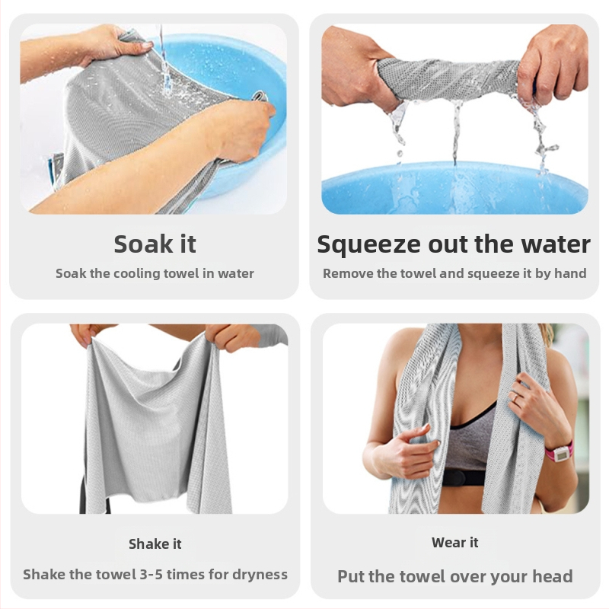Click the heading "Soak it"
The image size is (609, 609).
pyautogui.click(x=155, y=244)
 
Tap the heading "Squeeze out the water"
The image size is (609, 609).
pyautogui.click(x=454, y=245)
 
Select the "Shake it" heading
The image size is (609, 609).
pyautogui.click(x=155, y=544)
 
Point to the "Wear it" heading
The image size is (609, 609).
pyautogui.click(x=454, y=542)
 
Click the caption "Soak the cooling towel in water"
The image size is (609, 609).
pyautogui.click(x=155, y=273)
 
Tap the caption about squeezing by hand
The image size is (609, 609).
pyautogui.click(x=454, y=273)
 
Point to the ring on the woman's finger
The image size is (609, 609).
pyautogui.click(x=515, y=397)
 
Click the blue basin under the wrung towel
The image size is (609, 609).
pyautogui.click(x=454, y=187)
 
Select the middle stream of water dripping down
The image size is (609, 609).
pyautogui.click(x=456, y=131)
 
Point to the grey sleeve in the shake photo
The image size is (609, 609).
pyautogui.click(x=272, y=335)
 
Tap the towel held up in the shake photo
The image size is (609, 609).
pyautogui.click(x=155, y=423)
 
